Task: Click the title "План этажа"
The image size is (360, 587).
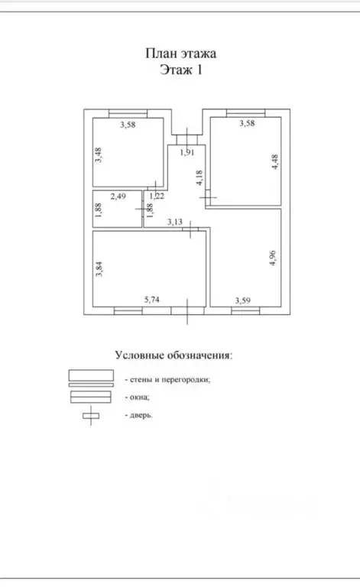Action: coord(180,54)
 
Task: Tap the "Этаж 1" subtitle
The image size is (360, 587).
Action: coord(181,70)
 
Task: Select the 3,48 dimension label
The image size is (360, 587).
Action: coord(98,155)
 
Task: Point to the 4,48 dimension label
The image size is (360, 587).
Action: coord(275,162)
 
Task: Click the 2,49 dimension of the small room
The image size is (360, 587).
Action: coord(118,196)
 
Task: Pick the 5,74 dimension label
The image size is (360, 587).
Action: coord(152,299)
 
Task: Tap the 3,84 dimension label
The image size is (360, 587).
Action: coord(99,269)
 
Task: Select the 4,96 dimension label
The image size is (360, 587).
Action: coord(273,258)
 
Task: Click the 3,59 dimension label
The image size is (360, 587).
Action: coord(243,300)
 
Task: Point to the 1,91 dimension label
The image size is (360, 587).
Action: coord(187,152)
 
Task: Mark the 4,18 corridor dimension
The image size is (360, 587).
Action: coord(199,177)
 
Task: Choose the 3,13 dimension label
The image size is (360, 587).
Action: coord(175,222)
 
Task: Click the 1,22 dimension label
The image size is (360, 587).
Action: coord(157,196)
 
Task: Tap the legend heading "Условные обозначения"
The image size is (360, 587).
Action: coord(174,355)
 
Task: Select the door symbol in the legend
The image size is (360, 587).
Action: coord(91,416)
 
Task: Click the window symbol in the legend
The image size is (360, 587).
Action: coord(90,397)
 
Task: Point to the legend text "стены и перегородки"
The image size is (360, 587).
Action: coord(170,380)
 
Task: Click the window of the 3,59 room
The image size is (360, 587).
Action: coord(245,310)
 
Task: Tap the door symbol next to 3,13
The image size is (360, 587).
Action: coord(190,229)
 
